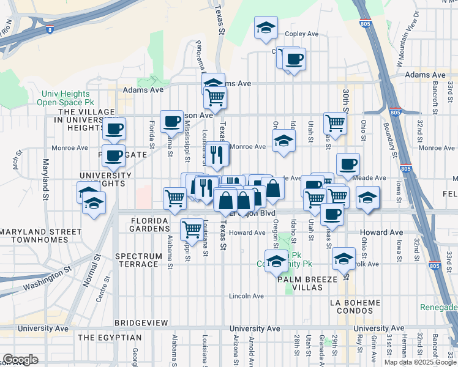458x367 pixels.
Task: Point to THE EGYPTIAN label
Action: click(110, 338)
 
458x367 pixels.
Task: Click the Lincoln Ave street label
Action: click(246, 296)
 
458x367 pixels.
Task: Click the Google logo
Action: click(20, 360)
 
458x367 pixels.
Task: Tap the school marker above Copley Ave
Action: click(266, 28)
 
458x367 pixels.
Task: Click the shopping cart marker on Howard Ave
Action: click(192, 230)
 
